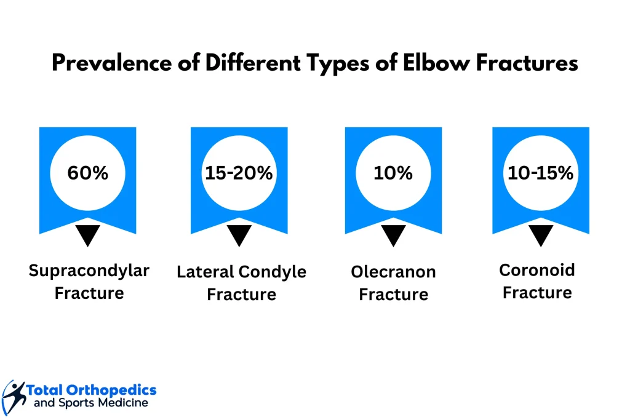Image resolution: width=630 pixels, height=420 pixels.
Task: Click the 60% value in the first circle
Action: point(87,173)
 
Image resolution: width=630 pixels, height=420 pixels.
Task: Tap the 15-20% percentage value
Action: point(239,173)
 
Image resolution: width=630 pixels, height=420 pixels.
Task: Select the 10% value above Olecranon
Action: point(393,173)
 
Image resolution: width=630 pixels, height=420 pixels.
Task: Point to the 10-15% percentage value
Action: point(540,173)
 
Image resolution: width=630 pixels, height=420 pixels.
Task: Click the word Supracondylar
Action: point(89,271)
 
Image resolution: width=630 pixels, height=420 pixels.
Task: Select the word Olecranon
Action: point(393,272)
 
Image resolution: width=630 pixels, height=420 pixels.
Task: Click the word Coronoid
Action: point(536,270)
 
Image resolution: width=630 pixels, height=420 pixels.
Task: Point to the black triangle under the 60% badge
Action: point(87,234)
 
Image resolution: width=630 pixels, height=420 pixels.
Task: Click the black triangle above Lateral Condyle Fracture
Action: point(239,234)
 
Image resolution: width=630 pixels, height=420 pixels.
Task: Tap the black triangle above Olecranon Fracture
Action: point(393,234)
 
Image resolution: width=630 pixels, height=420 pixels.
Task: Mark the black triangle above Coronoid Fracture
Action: point(541,234)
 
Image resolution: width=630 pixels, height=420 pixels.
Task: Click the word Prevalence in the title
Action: point(112,63)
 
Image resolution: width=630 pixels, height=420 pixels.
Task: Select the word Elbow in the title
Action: point(436,63)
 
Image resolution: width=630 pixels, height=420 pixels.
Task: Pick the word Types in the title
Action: point(338,64)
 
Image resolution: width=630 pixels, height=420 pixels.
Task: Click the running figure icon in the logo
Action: point(14,397)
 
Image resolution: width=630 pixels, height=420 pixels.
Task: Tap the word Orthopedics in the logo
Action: point(111,390)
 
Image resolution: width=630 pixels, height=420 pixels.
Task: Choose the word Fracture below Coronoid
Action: point(537,293)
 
